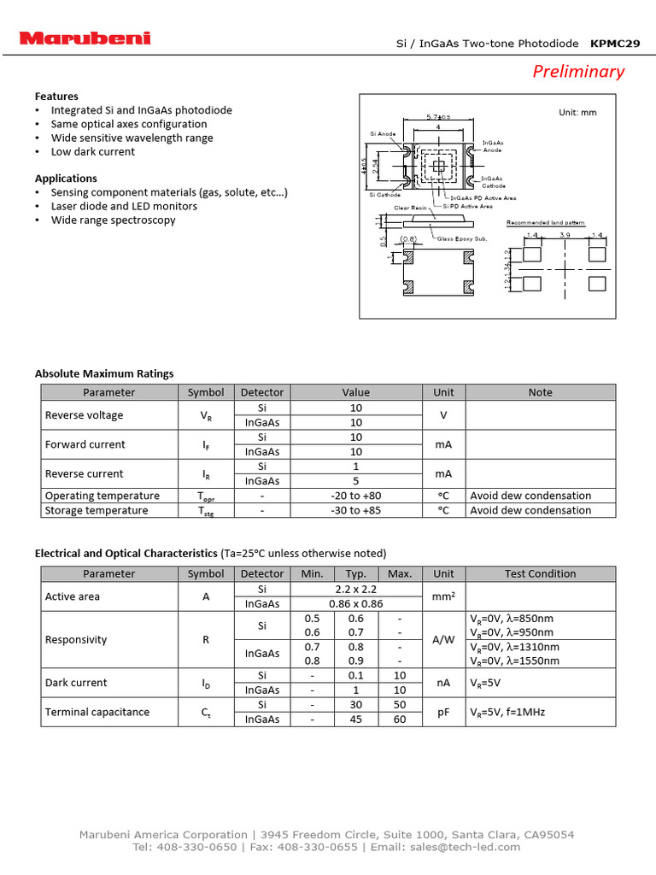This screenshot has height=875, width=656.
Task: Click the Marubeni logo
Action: click(x=85, y=38)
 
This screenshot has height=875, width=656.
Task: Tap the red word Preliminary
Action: click(x=578, y=72)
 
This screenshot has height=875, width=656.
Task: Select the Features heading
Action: click(x=56, y=97)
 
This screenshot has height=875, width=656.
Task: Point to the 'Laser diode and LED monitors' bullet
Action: click(x=124, y=206)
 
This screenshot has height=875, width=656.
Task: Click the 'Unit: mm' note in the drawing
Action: click(x=577, y=112)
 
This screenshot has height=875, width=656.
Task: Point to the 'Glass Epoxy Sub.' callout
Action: click(x=462, y=238)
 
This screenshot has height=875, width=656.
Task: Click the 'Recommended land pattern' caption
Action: click(x=546, y=222)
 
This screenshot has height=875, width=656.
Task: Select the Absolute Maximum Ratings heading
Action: click(x=104, y=373)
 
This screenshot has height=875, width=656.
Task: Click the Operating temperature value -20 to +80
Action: click(x=356, y=496)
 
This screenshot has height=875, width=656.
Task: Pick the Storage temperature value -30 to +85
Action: click(x=356, y=510)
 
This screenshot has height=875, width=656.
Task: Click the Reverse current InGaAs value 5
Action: click(x=356, y=481)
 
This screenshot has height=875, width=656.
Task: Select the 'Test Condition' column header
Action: click(x=540, y=573)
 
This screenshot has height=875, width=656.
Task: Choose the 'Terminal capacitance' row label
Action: click(x=97, y=712)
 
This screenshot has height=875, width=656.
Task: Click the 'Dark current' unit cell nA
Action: click(x=443, y=683)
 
